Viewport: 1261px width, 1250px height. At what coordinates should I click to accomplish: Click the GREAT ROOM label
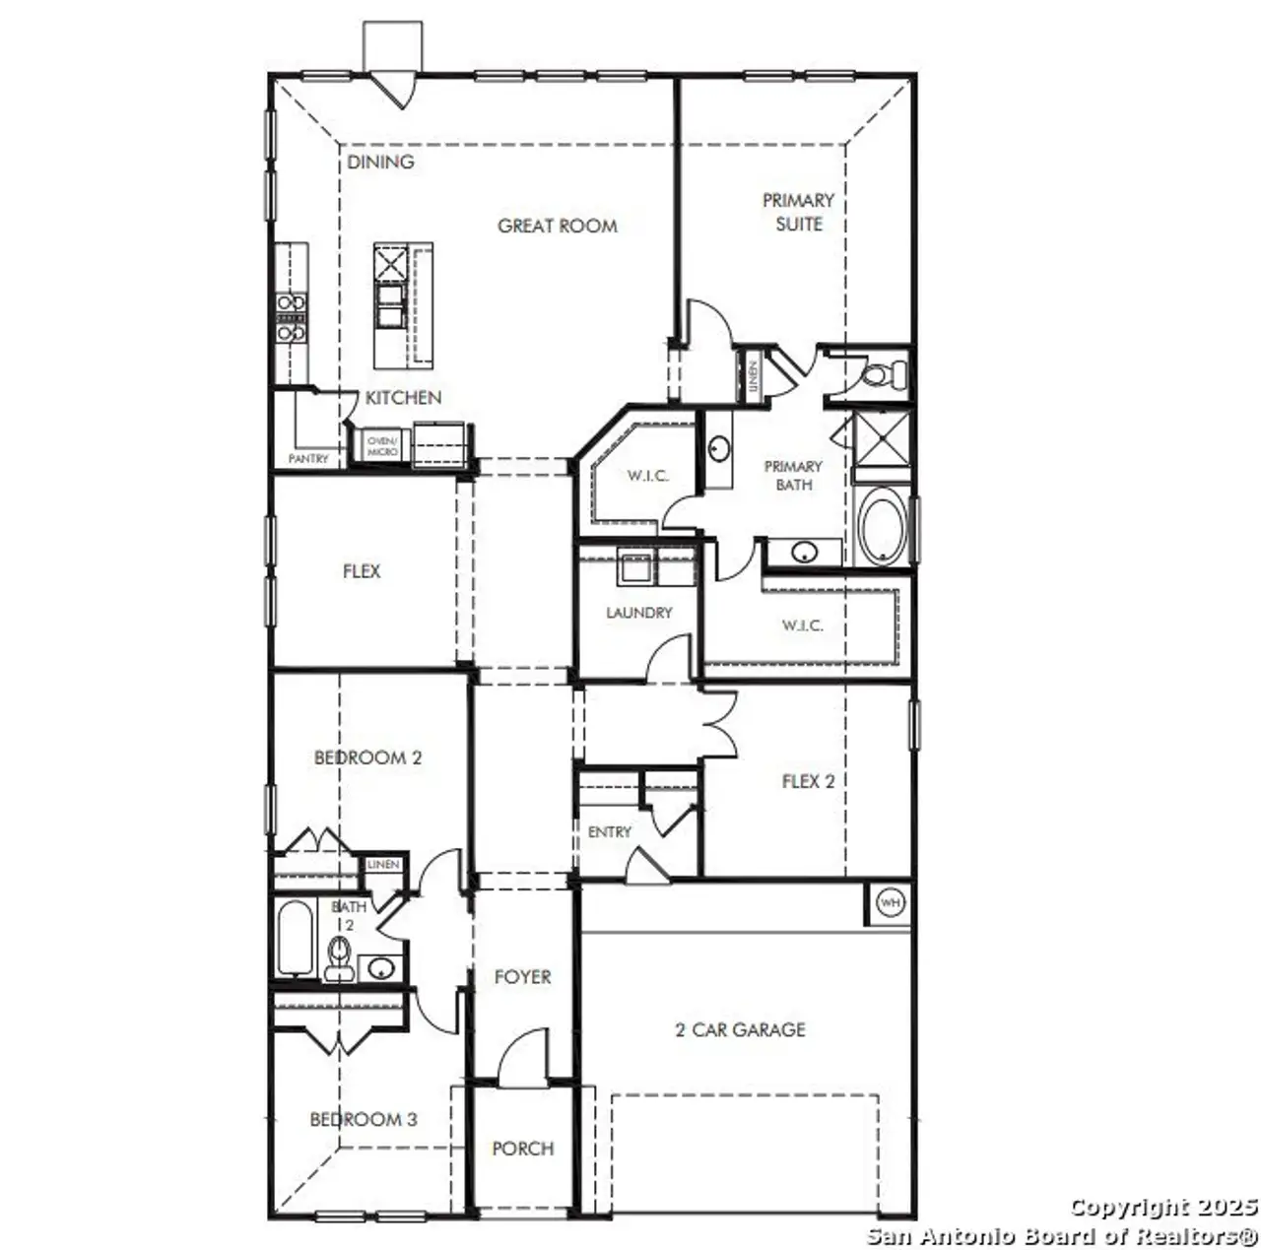coord(557,226)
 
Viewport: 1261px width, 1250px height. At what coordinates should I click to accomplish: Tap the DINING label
coord(380,162)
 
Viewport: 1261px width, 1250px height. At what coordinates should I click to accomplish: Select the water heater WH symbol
coord(890,903)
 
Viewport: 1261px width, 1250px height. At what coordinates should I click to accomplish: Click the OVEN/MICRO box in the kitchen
coord(382,445)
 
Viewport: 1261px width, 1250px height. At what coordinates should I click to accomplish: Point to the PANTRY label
coord(308,459)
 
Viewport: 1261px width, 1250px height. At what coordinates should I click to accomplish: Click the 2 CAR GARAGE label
coord(741,1029)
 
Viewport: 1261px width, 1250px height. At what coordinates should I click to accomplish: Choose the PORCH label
coord(522,1149)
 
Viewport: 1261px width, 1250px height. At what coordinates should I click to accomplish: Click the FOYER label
coord(522,977)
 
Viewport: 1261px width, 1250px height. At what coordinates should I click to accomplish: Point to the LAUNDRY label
coord(638,613)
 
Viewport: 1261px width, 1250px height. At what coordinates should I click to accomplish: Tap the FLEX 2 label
coord(808,781)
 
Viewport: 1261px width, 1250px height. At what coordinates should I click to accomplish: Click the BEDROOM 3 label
coord(363,1119)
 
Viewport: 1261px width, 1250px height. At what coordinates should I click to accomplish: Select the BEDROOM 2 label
coord(367,757)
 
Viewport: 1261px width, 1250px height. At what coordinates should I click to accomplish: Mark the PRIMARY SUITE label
coord(798,212)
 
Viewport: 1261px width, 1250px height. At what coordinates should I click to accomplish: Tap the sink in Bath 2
coord(379,968)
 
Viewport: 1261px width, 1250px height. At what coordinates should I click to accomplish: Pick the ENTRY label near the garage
coord(609,832)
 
